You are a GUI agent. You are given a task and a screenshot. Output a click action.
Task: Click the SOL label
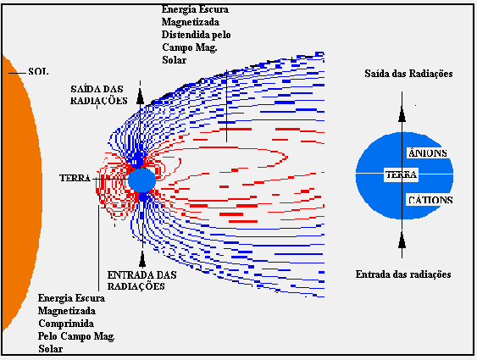(x=38, y=72)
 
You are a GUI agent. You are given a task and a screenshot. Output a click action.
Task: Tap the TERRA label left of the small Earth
(x=75, y=178)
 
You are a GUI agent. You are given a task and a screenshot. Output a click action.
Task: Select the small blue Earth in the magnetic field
(x=141, y=180)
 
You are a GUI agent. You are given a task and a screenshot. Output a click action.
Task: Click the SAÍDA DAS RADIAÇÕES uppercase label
(x=98, y=95)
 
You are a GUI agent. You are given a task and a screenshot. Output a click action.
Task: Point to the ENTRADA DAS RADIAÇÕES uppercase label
(x=141, y=280)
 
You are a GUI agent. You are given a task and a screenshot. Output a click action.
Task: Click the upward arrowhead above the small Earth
(x=140, y=97)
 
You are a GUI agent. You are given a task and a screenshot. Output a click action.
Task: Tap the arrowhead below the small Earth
(x=142, y=259)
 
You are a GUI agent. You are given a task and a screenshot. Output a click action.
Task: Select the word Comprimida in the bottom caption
(x=66, y=324)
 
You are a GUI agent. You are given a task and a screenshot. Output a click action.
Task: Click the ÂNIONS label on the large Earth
(x=427, y=153)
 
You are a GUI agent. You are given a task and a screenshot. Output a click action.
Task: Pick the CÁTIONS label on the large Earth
(x=430, y=200)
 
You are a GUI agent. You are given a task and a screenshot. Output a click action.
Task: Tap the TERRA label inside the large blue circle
(x=401, y=174)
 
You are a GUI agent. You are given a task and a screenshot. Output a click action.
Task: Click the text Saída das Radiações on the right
(x=408, y=74)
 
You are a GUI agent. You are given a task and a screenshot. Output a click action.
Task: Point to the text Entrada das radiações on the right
(x=403, y=274)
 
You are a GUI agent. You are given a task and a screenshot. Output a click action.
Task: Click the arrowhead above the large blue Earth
(x=402, y=114)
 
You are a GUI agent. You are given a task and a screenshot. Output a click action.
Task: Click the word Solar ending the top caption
(x=174, y=60)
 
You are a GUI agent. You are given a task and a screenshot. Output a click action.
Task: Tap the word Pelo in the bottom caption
(x=47, y=336)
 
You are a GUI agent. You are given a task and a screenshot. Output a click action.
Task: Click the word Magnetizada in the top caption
(x=191, y=22)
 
